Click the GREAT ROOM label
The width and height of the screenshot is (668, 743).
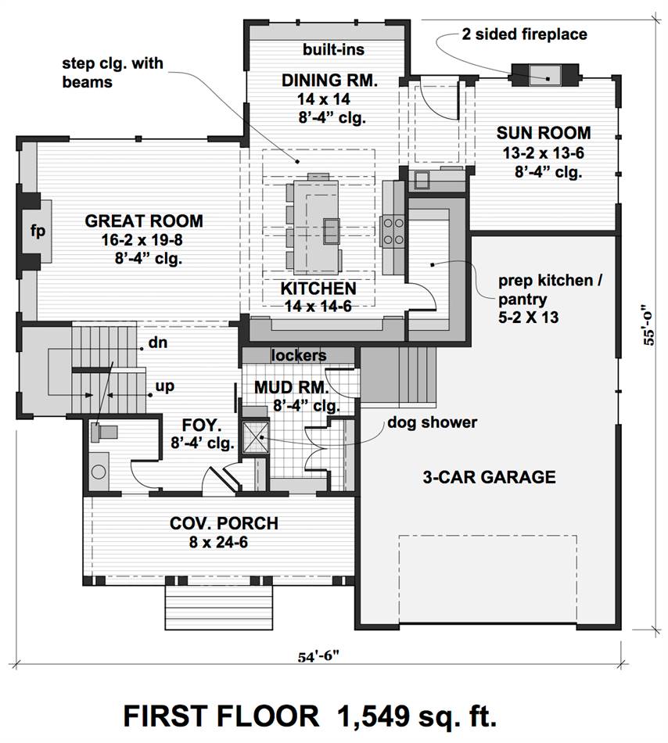[144, 221]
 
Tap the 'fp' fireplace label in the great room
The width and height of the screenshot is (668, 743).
[38, 231]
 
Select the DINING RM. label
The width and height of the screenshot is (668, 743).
[330, 80]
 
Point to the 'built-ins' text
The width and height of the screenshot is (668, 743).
[333, 49]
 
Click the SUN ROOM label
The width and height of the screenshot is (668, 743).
[544, 133]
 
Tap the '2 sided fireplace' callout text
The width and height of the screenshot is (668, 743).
[524, 34]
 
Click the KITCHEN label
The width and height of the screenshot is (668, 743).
[318, 288]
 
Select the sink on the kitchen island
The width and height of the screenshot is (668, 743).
[332, 232]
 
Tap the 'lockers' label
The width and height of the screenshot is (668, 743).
[299, 355]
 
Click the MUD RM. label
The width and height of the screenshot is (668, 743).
[291, 387]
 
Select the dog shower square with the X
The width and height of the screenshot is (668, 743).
[256, 437]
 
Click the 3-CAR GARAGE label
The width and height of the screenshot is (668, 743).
[490, 477]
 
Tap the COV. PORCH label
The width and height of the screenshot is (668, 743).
[224, 523]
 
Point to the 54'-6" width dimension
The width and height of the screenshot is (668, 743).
[319, 657]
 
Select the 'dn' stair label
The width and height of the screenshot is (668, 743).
[158, 342]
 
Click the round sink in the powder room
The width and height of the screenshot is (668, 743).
[99, 472]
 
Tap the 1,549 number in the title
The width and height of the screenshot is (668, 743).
[372, 716]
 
